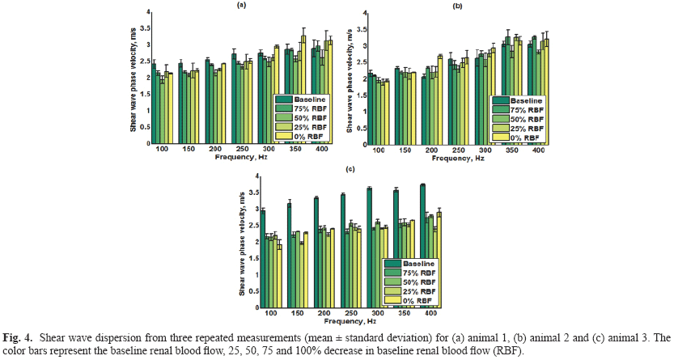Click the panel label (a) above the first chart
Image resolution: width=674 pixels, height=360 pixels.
(x=241, y=5)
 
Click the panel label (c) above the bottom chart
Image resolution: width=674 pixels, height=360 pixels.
(x=349, y=168)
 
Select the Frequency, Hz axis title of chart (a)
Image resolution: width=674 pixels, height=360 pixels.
(x=241, y=157)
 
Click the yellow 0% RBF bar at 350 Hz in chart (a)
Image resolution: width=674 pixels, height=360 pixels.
(x=303, y=88)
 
